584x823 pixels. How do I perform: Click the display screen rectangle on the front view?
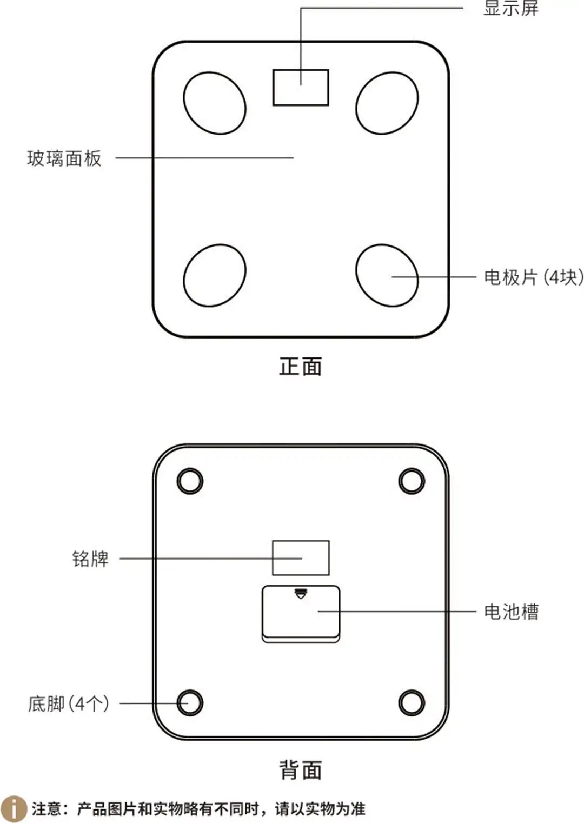(301, 87)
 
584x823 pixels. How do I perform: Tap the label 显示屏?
(510, 8)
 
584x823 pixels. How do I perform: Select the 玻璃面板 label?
(64, 158)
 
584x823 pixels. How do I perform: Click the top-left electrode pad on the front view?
(215, 103)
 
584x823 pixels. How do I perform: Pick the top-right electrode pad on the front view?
(387, 103)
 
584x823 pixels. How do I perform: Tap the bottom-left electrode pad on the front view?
(215, 275)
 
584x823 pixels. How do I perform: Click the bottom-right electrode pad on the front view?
(387, 275)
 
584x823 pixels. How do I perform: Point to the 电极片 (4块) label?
(533, 277)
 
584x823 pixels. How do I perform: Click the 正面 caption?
(301, 366)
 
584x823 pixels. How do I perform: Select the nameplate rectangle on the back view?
(301, 557)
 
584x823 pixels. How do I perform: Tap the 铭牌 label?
(90, 559)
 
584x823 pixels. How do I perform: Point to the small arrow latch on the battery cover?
(301, 594)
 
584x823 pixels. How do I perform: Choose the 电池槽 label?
(511, 612)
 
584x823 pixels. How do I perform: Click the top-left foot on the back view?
(190, 481)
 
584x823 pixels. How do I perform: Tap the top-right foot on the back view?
(412, 481)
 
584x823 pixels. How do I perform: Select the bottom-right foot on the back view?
(412, 702)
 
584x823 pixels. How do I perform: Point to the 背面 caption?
(301, 770)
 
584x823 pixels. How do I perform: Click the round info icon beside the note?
(14, 809)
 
